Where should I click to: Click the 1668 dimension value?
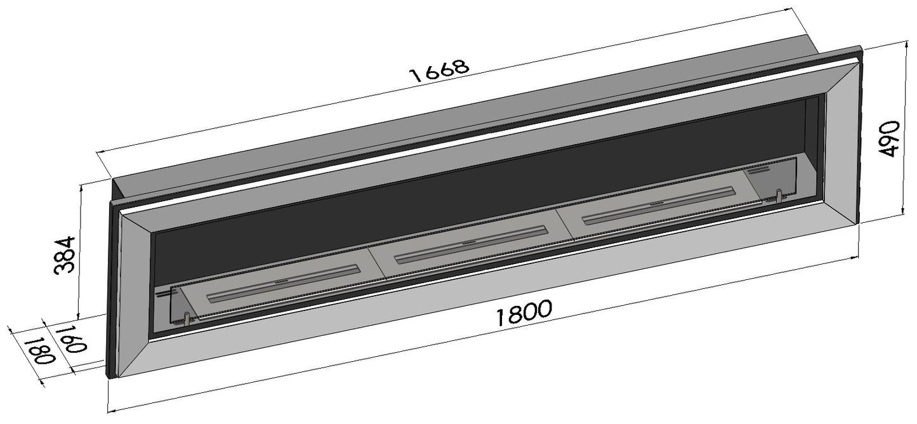tap(439, 70)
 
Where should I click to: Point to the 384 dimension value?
tap(65, 255)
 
